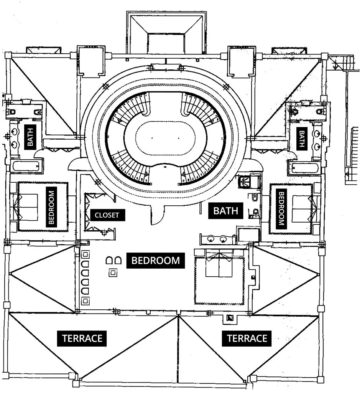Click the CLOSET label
107,215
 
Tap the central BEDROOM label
155,261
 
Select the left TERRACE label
82,339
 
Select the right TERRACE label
247,339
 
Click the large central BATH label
225,211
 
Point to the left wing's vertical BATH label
30,136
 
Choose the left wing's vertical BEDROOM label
51,206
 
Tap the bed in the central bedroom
219,269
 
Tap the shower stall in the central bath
244,182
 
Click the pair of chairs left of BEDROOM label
113,261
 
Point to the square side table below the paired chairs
113,273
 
